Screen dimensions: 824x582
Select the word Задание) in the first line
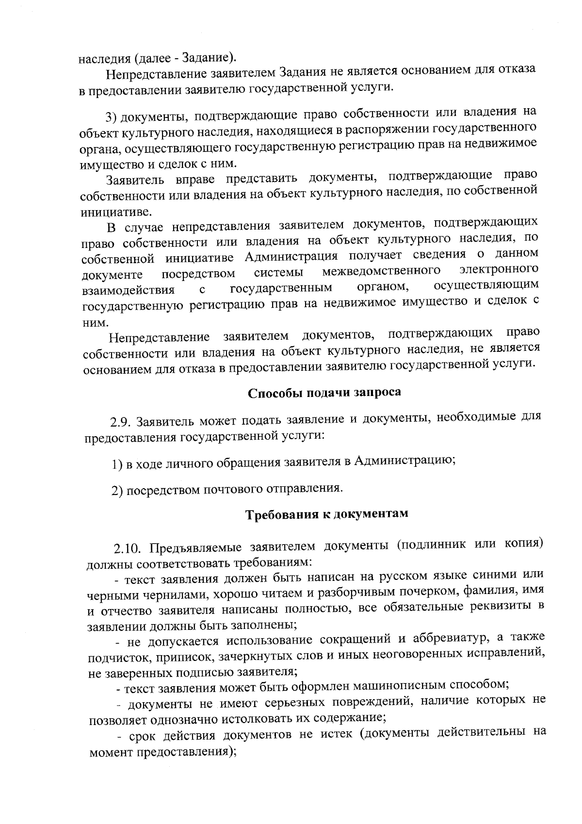(210, 58)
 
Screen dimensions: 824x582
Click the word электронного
(499, 268)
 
